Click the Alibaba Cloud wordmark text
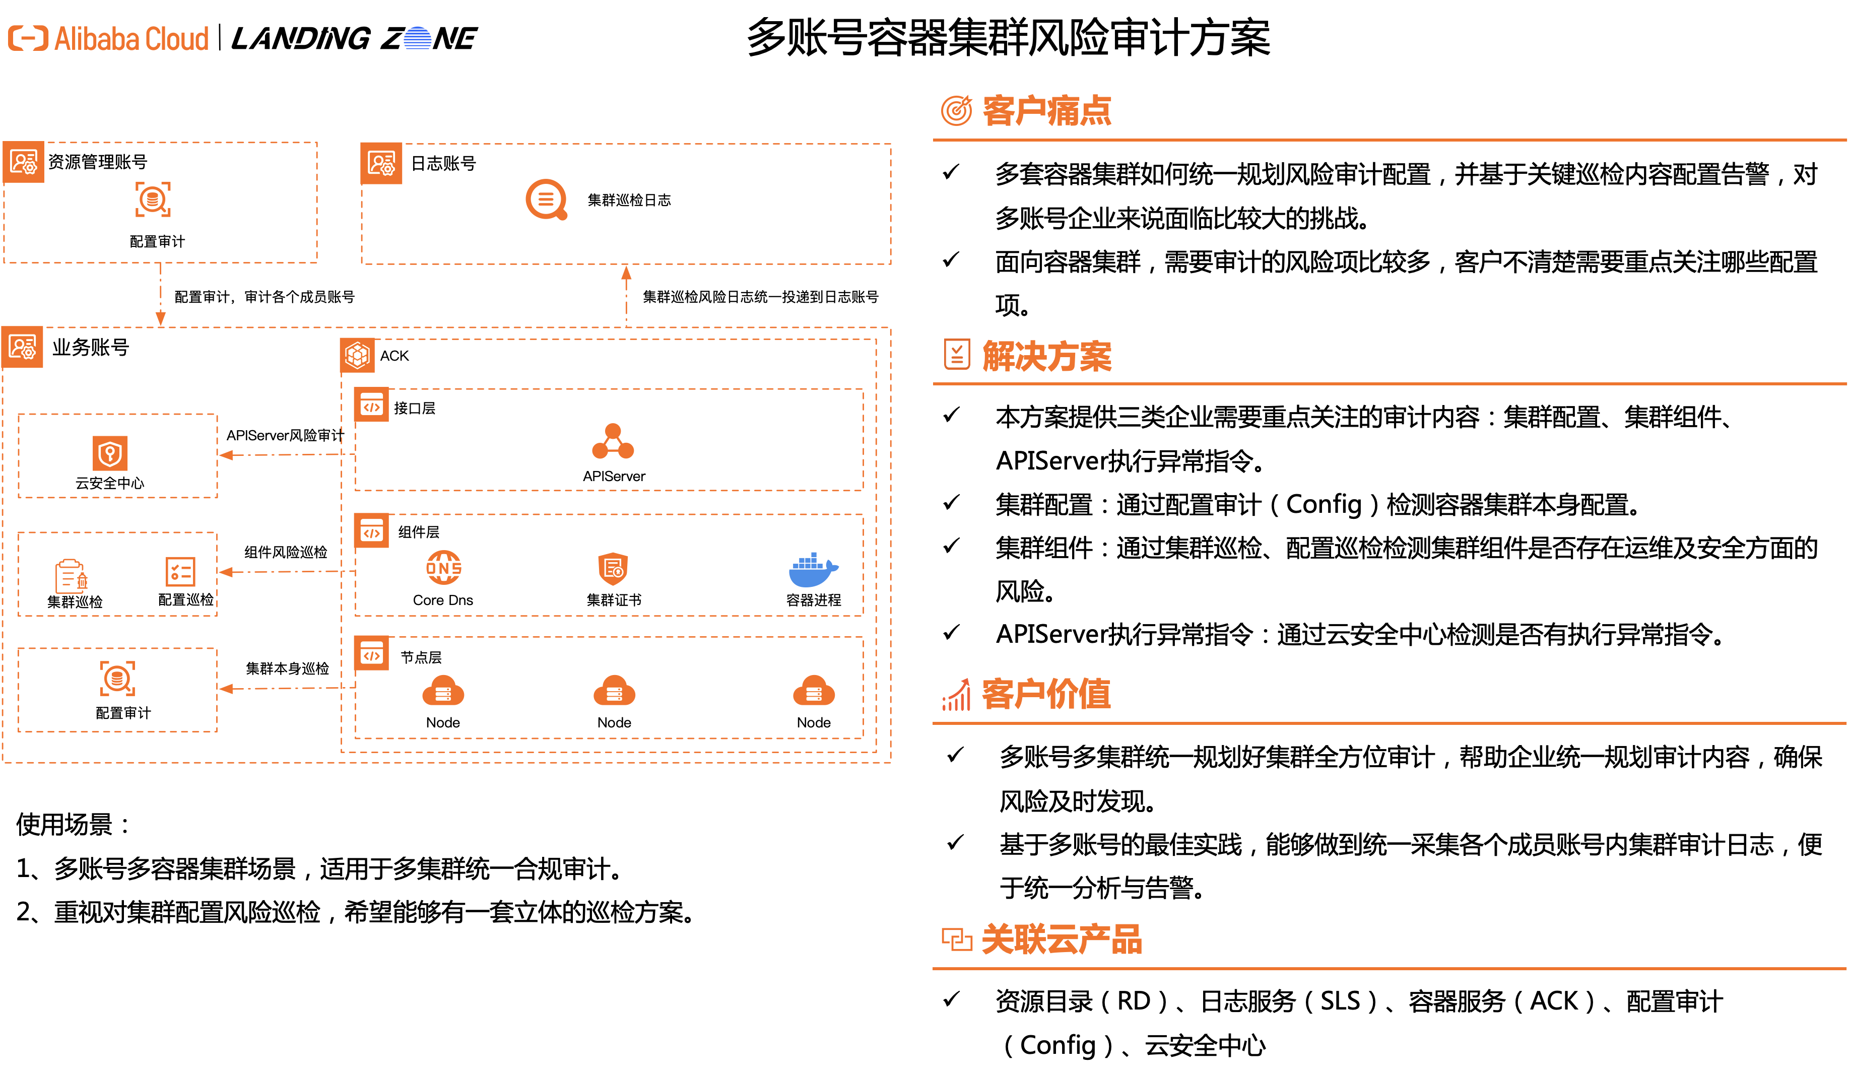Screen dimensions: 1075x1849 pos(131,39)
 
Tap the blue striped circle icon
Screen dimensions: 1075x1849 pos(418,38)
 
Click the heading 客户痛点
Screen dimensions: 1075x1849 pos(1046,111)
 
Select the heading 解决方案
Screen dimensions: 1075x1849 pos(1046,357)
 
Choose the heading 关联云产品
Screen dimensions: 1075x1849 pos(1061,939)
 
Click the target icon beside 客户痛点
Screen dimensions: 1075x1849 pos(956,111)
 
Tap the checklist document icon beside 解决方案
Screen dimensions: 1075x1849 pos(957,355)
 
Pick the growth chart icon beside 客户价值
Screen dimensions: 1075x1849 pos(956,694)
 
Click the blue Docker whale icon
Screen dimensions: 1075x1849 pos(812,570)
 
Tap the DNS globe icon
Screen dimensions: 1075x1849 pos(444,568)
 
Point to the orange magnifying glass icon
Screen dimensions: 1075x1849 pos(547,199)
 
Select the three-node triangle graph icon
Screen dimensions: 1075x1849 pos(613,442)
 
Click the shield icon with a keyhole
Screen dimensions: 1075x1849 pos(110,453)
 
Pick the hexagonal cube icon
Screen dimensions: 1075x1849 pos(357,355)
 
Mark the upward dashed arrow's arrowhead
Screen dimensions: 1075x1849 pos(626,273)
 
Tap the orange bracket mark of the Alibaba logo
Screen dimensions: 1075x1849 pos(28,38)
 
